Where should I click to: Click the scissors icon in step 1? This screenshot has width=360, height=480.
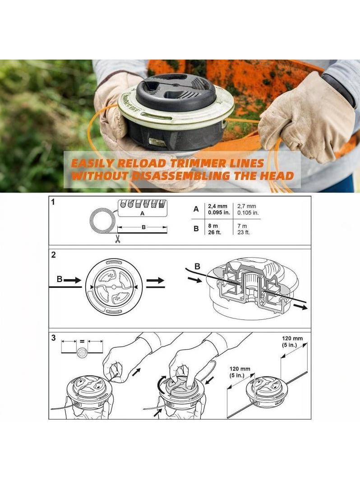118,239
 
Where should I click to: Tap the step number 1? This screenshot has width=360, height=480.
53,202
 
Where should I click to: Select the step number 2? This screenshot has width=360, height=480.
54,255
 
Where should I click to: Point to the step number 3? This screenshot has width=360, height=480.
54,337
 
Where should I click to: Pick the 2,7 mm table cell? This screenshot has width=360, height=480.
247,209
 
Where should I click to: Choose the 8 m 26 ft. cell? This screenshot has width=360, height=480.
214,229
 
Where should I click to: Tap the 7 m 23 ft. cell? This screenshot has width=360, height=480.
244,229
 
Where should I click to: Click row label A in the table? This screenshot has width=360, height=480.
196,209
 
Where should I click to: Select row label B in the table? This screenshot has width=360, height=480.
196,229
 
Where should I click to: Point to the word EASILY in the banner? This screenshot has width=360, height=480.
92,163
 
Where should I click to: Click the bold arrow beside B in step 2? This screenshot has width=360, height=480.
72,280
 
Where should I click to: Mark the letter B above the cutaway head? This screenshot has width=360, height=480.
198,267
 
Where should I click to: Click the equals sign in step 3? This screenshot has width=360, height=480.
82,341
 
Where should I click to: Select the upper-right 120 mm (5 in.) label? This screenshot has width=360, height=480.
292,342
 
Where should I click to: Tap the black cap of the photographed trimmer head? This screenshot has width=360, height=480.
176,92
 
